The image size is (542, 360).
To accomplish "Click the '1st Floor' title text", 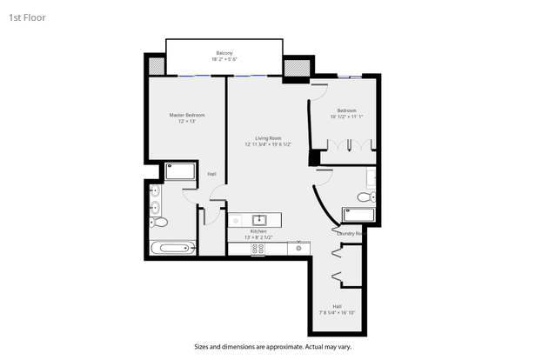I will click(x=27, y=17).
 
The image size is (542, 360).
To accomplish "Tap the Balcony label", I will click(x=224, y=54).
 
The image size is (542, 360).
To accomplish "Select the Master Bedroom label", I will click(x=186, y=115).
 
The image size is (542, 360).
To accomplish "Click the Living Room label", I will click(x=267, y=138).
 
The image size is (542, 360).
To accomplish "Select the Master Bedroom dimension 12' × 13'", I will click(x=186, y=122).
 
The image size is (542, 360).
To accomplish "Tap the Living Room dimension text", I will click(x=267, y=145).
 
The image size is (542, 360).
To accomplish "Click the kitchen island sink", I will click(x=258, y=219).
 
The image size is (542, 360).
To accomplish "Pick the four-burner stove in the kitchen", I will click(x=258, y=248).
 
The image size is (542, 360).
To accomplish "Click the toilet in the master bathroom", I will click(x=159, y=223).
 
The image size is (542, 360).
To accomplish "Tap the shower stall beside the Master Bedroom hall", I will click(x=181, y=170).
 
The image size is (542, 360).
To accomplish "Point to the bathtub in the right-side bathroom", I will click(x=358, y=214).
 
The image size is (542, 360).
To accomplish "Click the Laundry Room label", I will click(x=350, y=232).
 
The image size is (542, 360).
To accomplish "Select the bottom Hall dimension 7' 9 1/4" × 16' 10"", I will click(x=337, y=311).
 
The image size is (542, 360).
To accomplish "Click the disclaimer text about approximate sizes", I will click(x=271, y=345).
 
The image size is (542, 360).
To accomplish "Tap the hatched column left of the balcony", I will click(x=156, y=65).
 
